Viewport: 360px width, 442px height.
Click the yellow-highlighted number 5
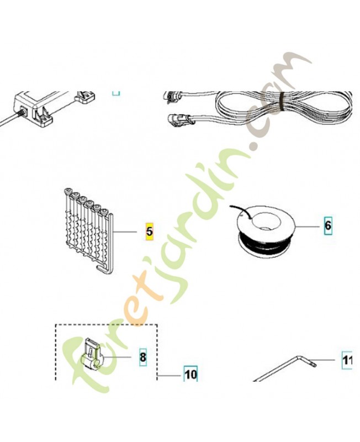click(x=149, y=231)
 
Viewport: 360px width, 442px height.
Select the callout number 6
click(x=328, y=225)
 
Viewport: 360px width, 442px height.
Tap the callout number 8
click(x=143, y=357)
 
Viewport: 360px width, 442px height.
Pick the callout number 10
click(x=190, y=375)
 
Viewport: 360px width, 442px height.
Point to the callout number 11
click(x=347, y=360)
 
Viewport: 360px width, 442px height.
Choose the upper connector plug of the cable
click(x=173, y=96)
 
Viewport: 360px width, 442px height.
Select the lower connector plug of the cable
click(x=181, y=120)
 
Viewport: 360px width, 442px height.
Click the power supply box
click(x=34, y=108)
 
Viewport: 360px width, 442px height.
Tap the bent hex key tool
click(x=284, y=369)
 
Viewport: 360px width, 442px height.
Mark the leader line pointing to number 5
click(x=125, y=231)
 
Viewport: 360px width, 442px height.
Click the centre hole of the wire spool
click(x=264, y=220)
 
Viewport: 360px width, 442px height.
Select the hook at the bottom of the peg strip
click(x=104, y=270)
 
